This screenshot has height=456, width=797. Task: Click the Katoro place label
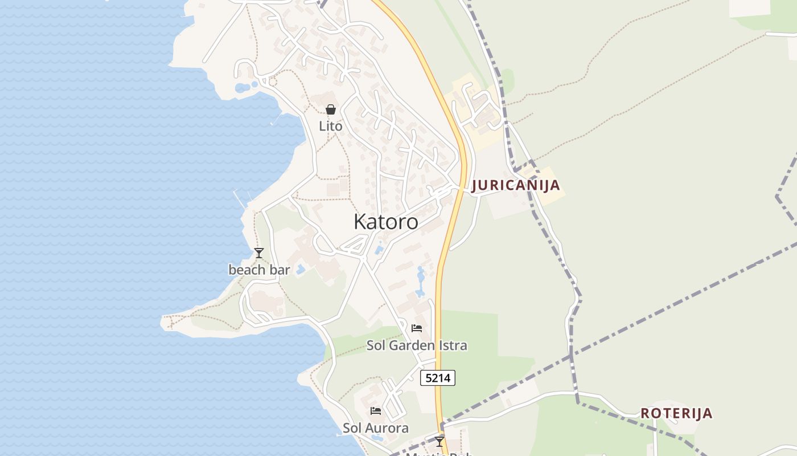coord(385,222)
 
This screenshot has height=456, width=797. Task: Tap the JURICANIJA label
coord(516,185)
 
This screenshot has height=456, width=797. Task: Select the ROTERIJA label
coord(676,413)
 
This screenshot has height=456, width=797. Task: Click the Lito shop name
coord(331,126)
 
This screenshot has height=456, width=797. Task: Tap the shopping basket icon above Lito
coord(331,109)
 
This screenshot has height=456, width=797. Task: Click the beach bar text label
coord(259,270)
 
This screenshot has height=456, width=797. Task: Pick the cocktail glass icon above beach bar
coord(259,253)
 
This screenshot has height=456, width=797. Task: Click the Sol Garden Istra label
coord(417,345)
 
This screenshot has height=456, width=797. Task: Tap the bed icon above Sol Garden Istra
coord(417,328)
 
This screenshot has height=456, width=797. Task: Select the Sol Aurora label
coord(376,428)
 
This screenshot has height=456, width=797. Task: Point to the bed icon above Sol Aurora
coord(376,411)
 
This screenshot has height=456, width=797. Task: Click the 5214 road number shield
coord(438,377)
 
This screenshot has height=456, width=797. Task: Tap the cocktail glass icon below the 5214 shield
coord(439,441)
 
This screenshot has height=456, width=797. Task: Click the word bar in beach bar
coord(280,270)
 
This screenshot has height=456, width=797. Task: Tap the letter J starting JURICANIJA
coord(475,186)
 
